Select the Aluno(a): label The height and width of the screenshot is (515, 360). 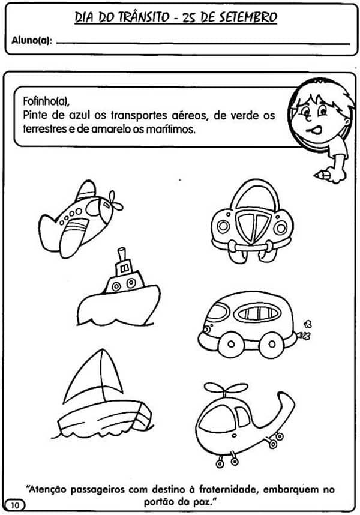[32, 40]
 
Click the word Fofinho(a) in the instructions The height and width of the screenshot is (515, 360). [46, 101]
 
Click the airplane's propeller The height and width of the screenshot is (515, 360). [116, 201]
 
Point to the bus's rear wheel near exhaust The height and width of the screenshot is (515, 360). [271, 344]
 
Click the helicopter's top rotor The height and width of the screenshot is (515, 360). [226, 389]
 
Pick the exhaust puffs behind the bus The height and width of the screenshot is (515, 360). [307, 330]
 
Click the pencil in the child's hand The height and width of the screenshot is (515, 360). [322, 175]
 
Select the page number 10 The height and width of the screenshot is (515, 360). [15, 505]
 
